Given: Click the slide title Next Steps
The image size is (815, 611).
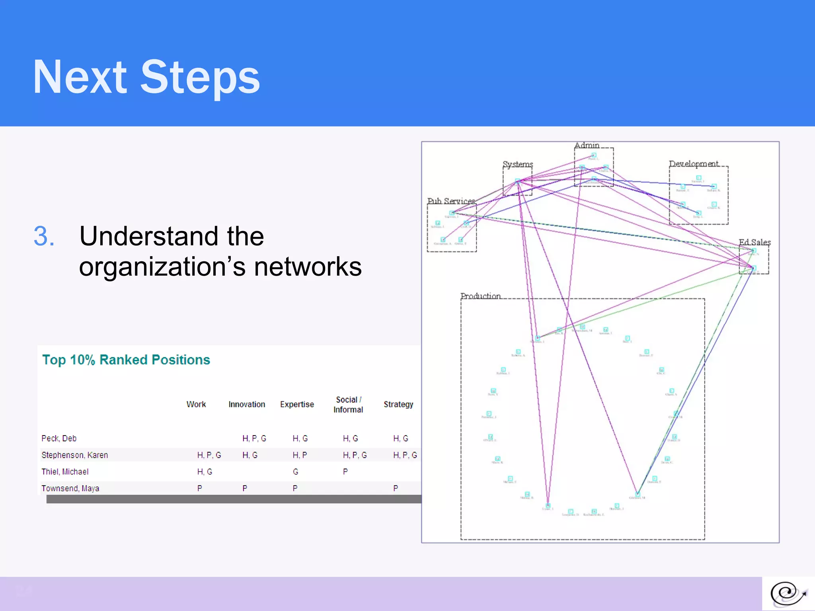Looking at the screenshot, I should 146,77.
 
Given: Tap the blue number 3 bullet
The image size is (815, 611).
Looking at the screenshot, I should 44,236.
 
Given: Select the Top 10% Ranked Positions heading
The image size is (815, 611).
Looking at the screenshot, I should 126,360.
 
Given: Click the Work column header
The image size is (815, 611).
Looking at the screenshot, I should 196,404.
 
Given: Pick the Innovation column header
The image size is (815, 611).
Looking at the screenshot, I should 247,404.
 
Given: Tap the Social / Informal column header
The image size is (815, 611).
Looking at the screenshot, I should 348,405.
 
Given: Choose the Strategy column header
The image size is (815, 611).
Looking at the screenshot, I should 398,404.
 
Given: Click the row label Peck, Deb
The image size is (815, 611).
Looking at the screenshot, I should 59,438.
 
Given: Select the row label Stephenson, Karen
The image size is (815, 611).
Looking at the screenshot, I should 74,455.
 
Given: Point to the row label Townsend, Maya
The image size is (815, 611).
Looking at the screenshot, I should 70,488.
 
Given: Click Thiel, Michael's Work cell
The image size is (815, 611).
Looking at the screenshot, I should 205,472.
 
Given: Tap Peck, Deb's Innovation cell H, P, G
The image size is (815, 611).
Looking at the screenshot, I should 254,438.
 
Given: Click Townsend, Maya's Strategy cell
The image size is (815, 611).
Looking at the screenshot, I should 396,488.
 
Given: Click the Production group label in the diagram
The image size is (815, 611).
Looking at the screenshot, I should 480,296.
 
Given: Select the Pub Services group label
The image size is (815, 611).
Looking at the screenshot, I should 451,201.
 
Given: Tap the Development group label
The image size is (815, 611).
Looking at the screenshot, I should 694,163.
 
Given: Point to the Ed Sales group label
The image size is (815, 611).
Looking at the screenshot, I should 755,242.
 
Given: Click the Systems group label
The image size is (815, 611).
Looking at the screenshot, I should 517,164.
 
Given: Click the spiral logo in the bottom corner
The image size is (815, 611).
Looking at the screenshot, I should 788,594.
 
